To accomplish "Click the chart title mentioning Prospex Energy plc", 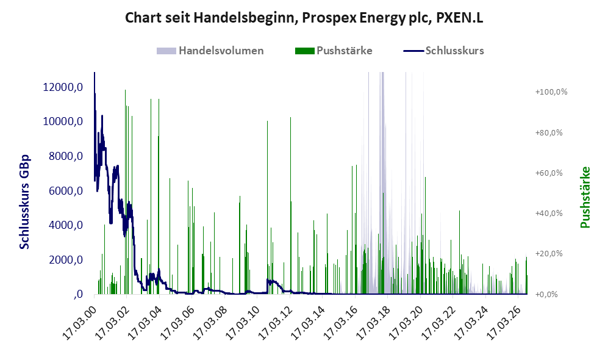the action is (x=304, y=18).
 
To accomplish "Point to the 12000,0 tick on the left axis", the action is (x=63, y=87).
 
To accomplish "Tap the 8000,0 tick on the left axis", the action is (x=66, y=156).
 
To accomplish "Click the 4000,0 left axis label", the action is (x=66, y=225).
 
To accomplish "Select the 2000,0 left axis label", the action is (x=66, y=259).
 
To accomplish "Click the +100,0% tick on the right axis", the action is (x=551, y=92).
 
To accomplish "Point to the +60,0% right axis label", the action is (x=549, y=173).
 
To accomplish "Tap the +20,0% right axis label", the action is (x=549, y=254).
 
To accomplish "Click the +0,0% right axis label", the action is (x=546, y=295).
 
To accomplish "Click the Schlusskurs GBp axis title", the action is (x=24, y=202).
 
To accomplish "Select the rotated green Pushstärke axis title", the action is (x=585, y=197).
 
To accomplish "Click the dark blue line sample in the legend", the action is (x=413, y=51).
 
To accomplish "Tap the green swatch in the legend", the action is (x=305, y=51).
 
